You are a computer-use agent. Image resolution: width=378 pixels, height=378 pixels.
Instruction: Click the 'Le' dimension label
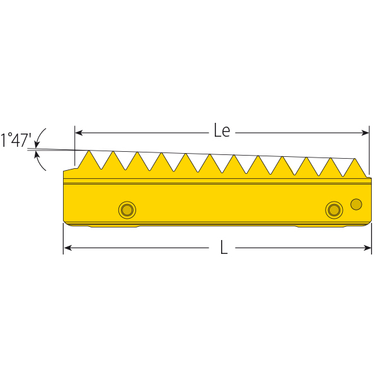pyautogui.click(x=222, y=131)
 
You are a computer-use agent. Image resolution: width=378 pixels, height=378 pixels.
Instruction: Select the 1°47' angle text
pyautogui.click(x=15, y=140)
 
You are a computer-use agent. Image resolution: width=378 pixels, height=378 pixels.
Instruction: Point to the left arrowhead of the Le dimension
pyautogui.click(x=79, y=132)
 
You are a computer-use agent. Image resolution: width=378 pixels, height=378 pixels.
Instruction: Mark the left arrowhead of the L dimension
pyautogui.click(x=67, y=248)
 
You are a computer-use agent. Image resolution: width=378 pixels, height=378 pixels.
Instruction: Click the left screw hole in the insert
pyautogui.click(x=127, y=210)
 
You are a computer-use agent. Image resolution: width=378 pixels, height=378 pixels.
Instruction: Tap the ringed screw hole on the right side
pyautogui.click(x=333, y=210)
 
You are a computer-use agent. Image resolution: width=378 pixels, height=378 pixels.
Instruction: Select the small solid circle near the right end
pyautogui.click(x=356, y=203)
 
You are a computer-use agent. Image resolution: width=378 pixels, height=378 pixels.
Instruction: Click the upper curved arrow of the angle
pyautogui.click(x=41, y=135)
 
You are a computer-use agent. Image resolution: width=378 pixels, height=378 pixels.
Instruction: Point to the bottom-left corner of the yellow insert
pyautogui.click(x=65, y=222)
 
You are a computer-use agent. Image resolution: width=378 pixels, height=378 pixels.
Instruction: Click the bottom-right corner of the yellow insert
pyautogui.click(x=370, y=222)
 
